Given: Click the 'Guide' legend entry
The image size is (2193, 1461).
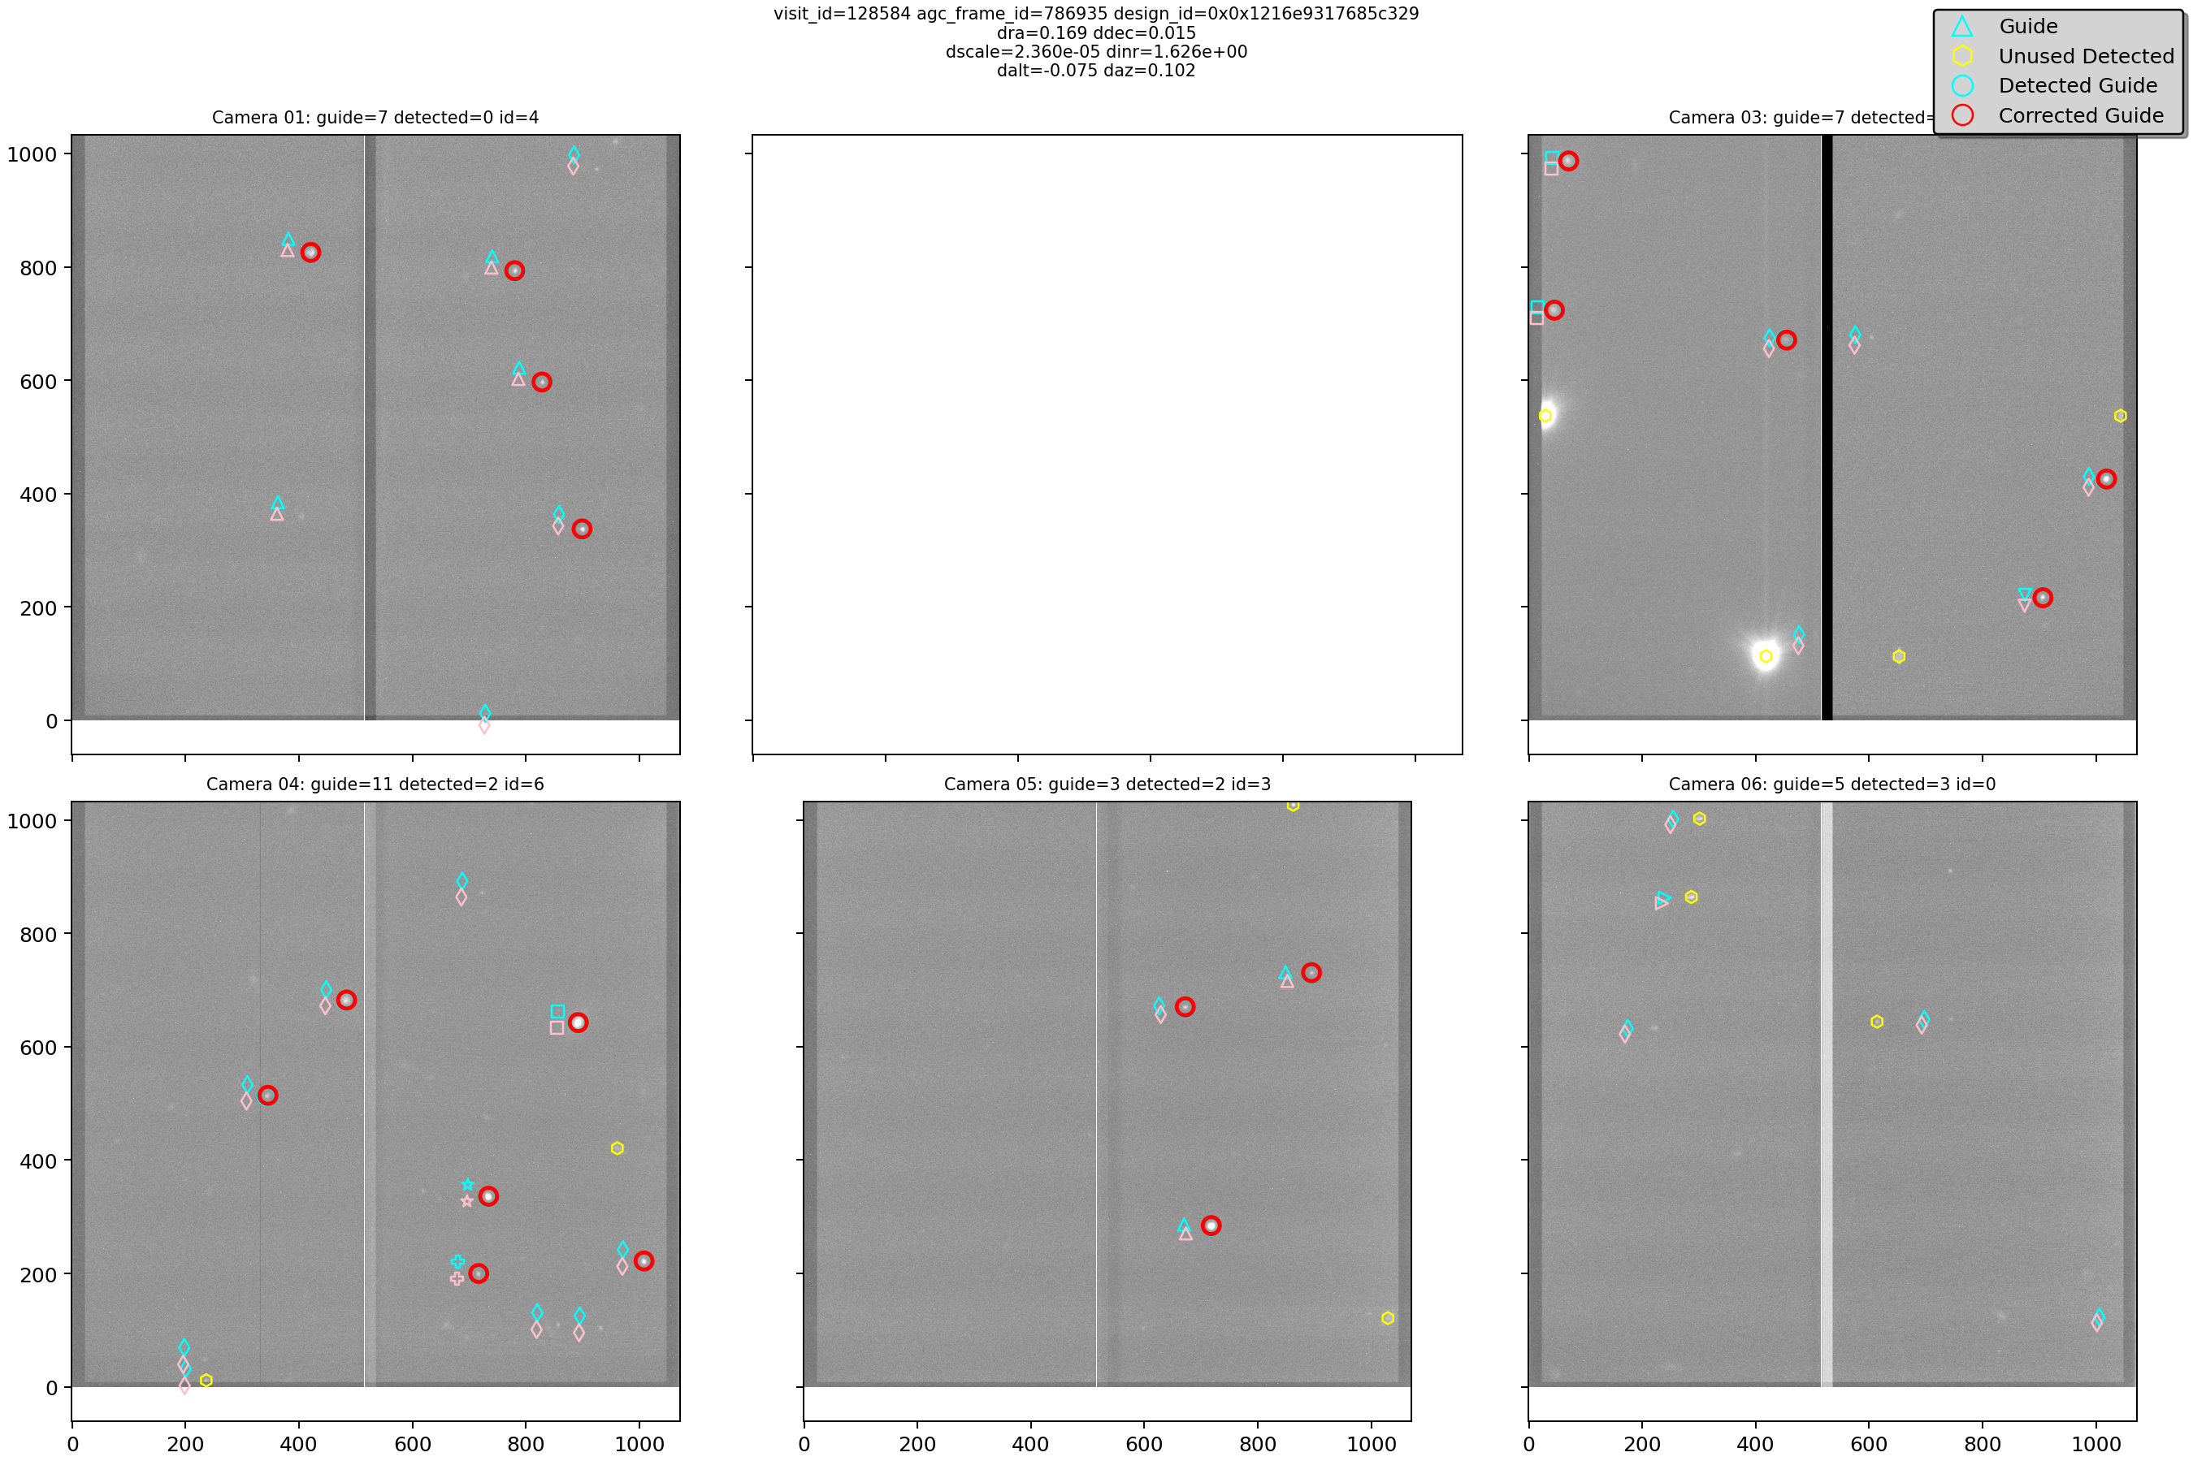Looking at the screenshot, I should pos(2027,26).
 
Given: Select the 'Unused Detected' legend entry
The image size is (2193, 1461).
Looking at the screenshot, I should pos(2085,56).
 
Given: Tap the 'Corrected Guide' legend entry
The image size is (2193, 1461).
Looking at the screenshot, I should pos(2080,115).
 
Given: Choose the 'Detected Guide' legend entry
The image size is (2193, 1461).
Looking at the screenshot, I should pos(2078,86).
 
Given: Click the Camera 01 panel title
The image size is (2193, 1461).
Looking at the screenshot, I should pos(375,118).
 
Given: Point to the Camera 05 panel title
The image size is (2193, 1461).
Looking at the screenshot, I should pos(1107,785).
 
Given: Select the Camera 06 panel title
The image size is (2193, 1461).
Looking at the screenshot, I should pos(1831,785).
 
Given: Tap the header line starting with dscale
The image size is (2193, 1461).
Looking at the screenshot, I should pos(1095,52).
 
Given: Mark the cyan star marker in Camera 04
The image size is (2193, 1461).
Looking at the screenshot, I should pos(468,1185).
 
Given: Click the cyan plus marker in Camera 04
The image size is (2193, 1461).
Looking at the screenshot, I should pos(457,1261).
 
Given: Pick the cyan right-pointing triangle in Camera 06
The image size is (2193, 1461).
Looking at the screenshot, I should pos(1663,898).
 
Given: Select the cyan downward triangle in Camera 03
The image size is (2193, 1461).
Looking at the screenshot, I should pos(2024,594).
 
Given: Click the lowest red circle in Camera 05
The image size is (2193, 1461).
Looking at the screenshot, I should pos(1211,1225).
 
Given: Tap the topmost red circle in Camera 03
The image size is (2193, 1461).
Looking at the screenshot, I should pos(1568,161).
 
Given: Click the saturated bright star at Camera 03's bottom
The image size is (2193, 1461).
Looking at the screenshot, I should pos(1766,656).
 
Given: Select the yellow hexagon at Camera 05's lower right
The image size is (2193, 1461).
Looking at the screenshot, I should pos(1387,1317).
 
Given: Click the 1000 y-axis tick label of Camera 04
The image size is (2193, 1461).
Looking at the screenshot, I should pos(32,821).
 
